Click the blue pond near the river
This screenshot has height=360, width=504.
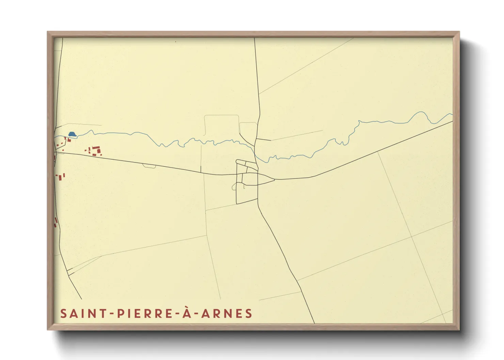[72, 134]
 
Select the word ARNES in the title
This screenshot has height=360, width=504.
[226, 313]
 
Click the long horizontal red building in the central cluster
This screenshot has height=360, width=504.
[96, 147]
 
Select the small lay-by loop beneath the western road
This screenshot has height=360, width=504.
[149, 166]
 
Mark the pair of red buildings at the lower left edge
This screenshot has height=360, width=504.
[56, 223]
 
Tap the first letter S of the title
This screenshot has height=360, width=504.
[63, 313]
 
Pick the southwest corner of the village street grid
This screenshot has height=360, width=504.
[237, 203]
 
